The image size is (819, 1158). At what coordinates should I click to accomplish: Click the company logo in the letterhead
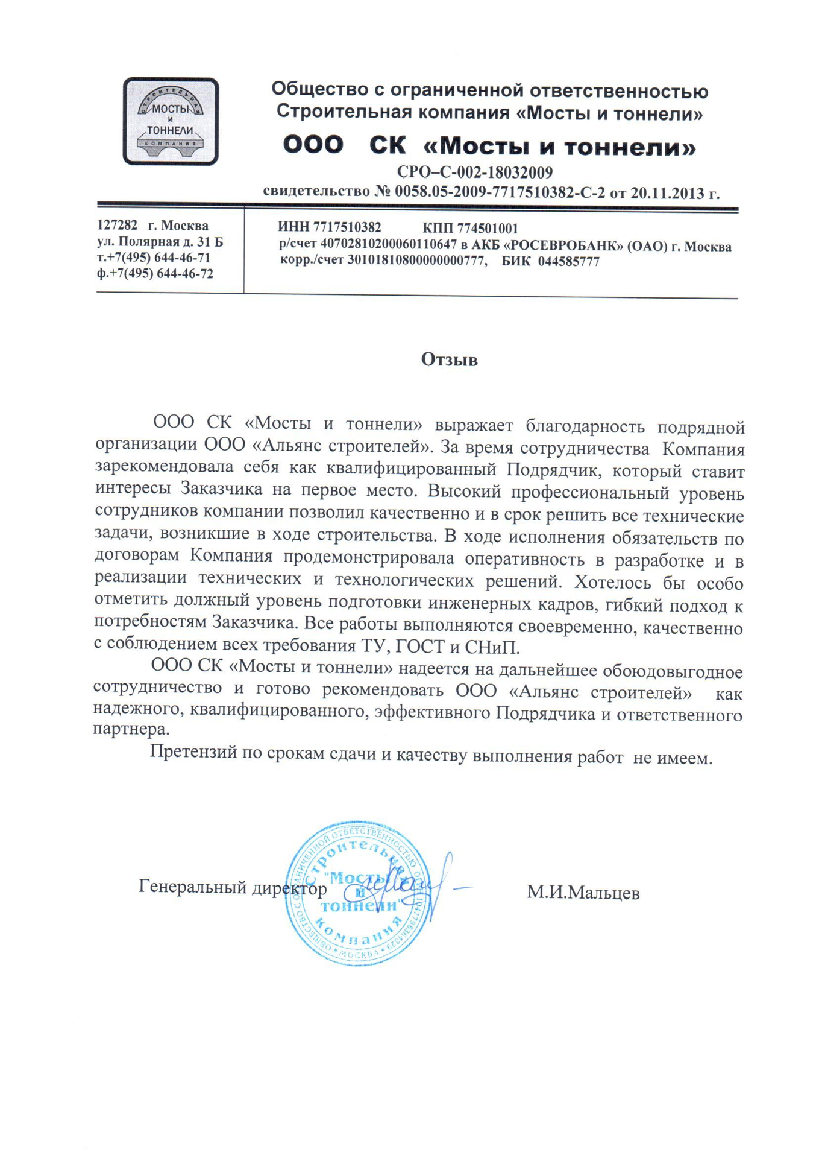(171, 121)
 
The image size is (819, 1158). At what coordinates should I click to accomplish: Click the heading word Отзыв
(449, 359)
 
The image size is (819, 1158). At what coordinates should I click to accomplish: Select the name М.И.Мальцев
(583, 893)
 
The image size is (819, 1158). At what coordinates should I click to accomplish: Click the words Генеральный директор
(233, 887)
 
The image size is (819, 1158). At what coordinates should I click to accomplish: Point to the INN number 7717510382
(347, 227)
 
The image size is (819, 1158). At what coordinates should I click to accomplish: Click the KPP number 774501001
(488, 228)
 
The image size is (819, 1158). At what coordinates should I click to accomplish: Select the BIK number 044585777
(568, 262)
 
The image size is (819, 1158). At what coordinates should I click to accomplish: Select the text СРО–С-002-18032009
(474, 172)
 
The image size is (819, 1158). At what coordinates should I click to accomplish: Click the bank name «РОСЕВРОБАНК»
(562, 246)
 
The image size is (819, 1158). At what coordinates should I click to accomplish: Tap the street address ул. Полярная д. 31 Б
(160, 242)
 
